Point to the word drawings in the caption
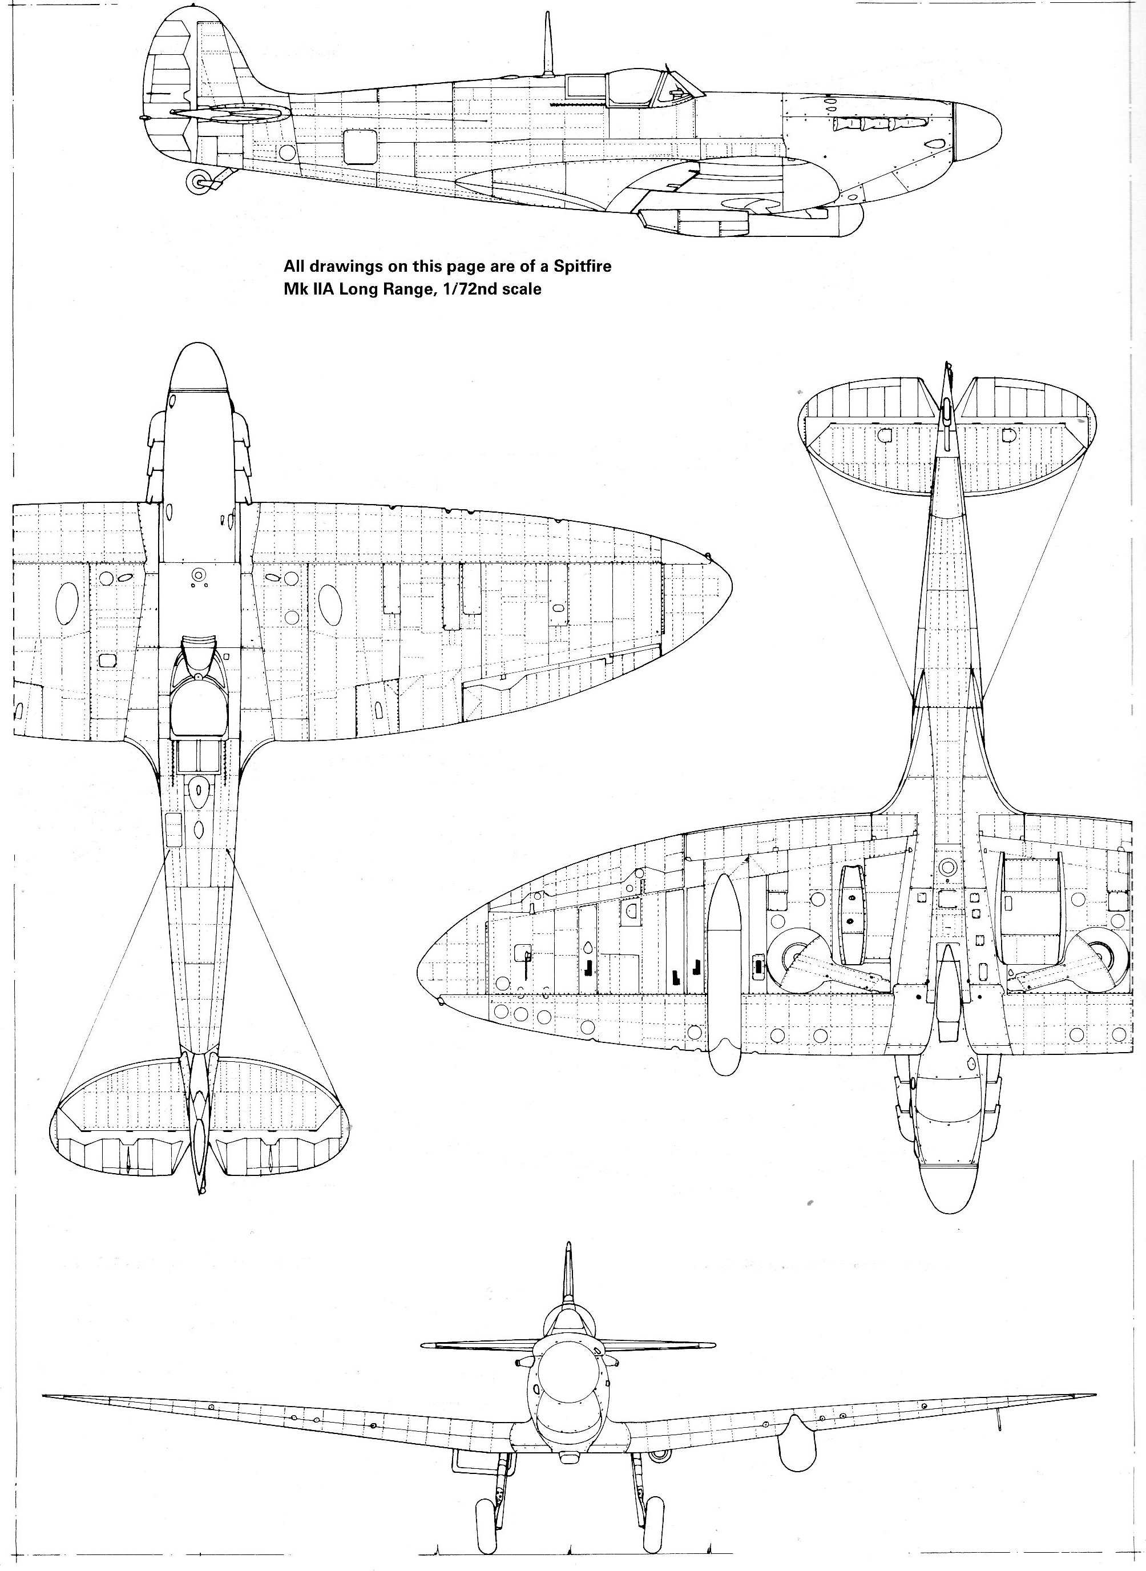341,267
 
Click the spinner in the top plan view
199,367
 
